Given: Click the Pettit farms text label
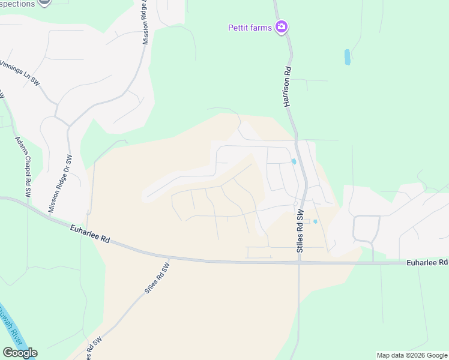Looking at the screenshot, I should [x=250, y=27].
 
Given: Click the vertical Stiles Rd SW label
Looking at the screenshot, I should [x=300, y=231].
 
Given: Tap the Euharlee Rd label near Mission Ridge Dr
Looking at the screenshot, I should [x=89, y=233].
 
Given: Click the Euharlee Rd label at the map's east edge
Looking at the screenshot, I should [x=427, y=262].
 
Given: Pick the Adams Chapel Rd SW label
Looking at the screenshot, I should [x=23, y=167].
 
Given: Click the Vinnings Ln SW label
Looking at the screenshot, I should [x=20, y=73].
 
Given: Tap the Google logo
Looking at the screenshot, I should [x=20, y=353].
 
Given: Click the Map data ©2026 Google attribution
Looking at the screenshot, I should [x=412, y=355].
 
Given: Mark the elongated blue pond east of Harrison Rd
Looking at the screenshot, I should [x=347, y=57].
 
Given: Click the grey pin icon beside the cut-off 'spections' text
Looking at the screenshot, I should [x=44, y=2].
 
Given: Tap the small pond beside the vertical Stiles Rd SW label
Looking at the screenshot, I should [x=315, y=222].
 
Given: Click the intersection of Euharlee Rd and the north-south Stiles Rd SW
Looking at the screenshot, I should [x=299, y=262].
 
